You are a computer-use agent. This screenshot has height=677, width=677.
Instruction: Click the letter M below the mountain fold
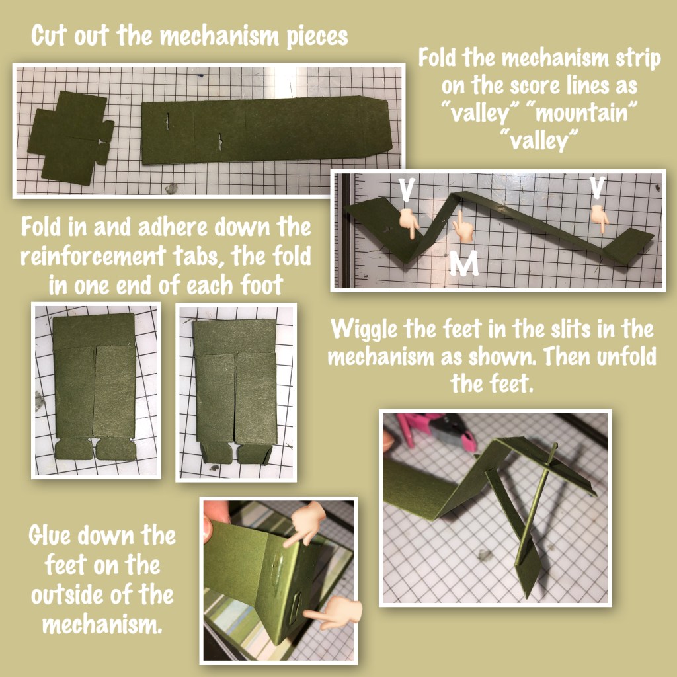pyautogui.click(x=463, y=263)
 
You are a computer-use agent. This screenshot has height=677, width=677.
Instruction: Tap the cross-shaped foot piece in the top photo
pyautogui.click(x=71, y=138)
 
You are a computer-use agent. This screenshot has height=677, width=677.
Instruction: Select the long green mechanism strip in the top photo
pyautogui.click(x=266, y=129)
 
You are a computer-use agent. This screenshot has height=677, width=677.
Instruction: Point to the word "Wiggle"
pyautogui.click(x=364, y=329)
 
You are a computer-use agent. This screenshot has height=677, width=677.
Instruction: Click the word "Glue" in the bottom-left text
pyautogui.click(x=49, y=536)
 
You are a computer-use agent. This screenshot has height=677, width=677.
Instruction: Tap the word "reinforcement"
pyautogui.click(x=93, y=256)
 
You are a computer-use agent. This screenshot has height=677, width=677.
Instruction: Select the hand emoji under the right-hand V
pyautogui.click(x=599, y=216)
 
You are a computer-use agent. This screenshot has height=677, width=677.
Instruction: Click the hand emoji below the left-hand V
pyautogui.click(x=409, y=223)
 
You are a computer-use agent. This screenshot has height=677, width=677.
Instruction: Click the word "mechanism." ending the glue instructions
pyautogui.click(x=102, y=624)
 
